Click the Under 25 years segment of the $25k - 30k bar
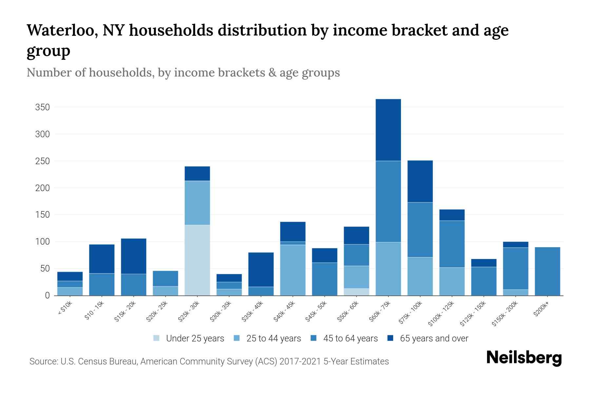pos(197,260)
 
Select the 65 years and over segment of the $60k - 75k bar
pos(388,130)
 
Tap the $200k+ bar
pos(547,271)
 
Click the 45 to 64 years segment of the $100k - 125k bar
pos(452,244)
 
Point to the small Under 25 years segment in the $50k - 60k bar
pos(356,292)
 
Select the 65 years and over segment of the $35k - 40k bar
pos(261,270)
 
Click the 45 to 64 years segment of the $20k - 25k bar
pos(166,278)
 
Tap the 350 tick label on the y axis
pos(43,107)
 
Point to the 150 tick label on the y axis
pos(43,215)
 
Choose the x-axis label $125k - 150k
pos(473,314)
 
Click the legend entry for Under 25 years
pos(195,339)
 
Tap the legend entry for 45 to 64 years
pos(350,339)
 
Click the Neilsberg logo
pos(524,358)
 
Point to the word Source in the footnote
pos(43,361)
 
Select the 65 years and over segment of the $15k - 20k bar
pos(134,256)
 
